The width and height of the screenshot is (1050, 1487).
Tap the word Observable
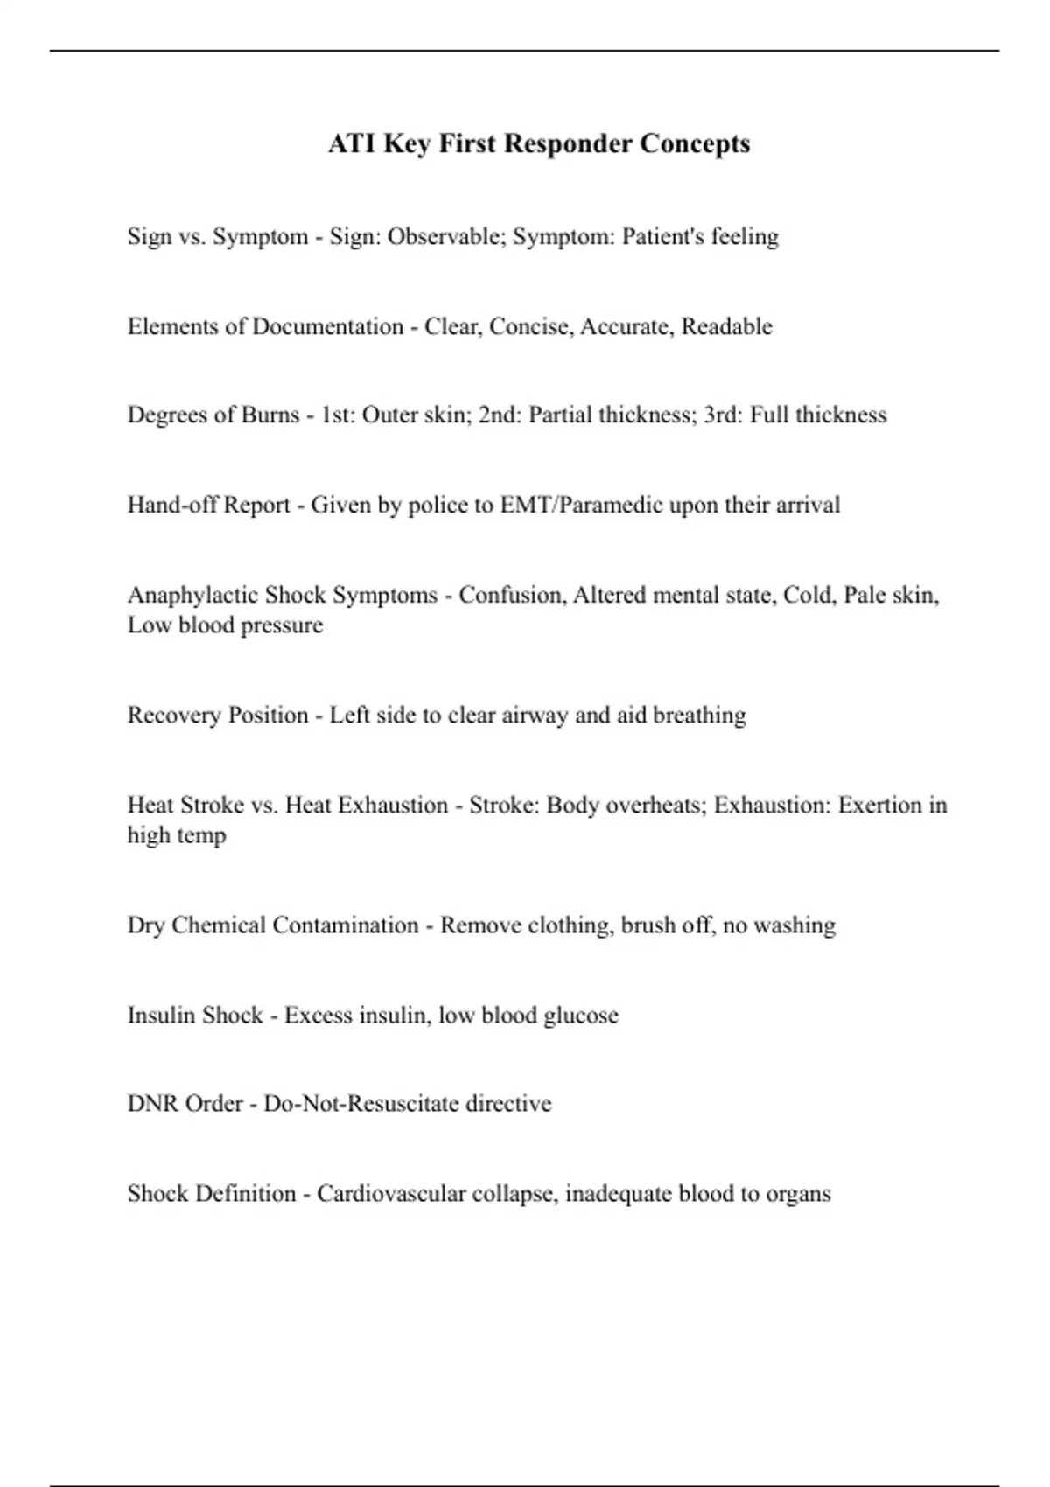point(446,236)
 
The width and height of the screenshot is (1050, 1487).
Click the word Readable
point(726,326)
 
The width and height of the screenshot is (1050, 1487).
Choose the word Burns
point(270,415)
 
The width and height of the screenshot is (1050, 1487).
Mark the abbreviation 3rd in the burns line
point(721,415)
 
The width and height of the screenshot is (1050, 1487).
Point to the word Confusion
point(512,595)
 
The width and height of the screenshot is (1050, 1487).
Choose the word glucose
point(582,1016)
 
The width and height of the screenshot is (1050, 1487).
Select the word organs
point(798,1194)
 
